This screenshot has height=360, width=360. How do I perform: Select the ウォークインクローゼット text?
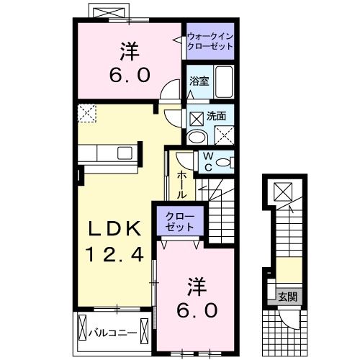pos(210,40)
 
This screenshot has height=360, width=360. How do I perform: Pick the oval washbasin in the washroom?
pos(196,138)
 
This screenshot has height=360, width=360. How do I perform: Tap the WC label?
pos(207,161)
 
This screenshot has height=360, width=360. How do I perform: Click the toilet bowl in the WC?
pos(225,163)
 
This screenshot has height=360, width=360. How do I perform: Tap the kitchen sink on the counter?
pos(125,153)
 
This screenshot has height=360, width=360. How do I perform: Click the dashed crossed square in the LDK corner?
pos(88,112)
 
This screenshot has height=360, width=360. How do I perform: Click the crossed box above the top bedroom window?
pos(109,13)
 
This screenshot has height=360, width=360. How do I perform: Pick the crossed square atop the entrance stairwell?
pos(282,191)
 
